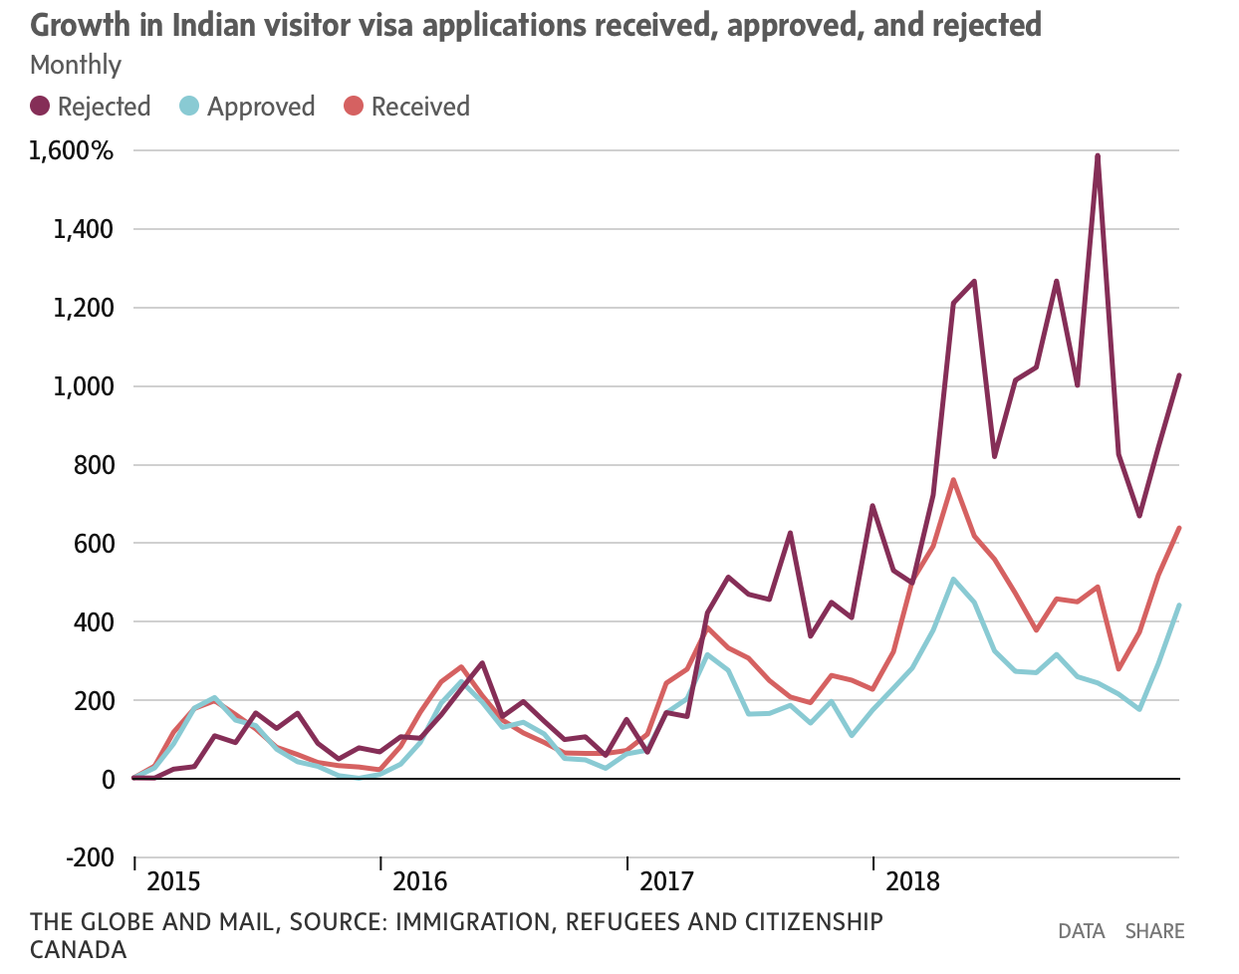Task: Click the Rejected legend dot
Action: click(x=41, y=107)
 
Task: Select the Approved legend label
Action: click(x=261, y=107)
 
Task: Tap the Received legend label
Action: click(x=420, y=107)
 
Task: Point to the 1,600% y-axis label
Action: click(x=72, y=151)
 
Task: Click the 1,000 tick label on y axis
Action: click(x=84, y=386)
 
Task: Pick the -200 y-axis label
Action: click(x=90, y=857)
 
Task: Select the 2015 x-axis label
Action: click(x=173, y=881)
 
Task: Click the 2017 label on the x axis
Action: click(x=666, y=881)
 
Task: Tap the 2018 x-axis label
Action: click(x=912, y=881)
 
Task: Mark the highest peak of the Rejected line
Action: click(x=1097, y=155)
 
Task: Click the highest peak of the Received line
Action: click(x=953, y=480)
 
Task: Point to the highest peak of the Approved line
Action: click(x=953, y=579)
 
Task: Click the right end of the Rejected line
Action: click(x=1179, y=375)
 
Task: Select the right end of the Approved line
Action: click(x=1179, y=605)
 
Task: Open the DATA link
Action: click(x=1082, y=931)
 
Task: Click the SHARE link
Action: click(x=1154, y=931)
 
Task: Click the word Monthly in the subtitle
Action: click(x=76, y=65)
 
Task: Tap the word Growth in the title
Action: click(x=82, y=25)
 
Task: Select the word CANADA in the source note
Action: click(x=79, y=949)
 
